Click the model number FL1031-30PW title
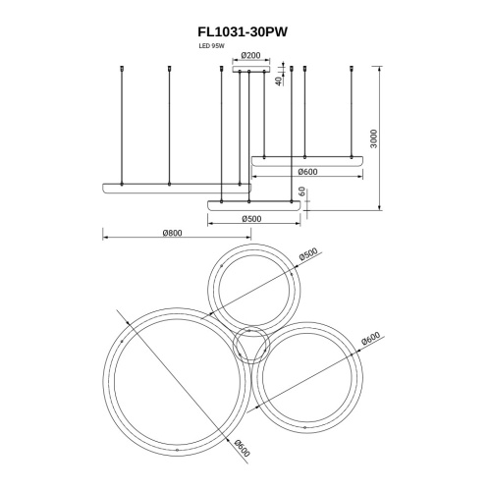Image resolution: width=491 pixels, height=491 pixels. click(245, 31)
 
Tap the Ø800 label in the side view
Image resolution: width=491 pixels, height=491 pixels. click(174, 233)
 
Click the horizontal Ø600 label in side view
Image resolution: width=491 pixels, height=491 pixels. click(308, 172)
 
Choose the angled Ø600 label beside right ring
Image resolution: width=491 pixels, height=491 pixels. click(371, 339)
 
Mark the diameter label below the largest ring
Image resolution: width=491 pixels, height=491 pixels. click(240, 449)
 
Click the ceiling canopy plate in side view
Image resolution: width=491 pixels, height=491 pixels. click(249, 70)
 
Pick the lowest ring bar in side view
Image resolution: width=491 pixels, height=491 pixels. click(254, 204)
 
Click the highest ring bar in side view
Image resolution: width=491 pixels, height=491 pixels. click(308, 157)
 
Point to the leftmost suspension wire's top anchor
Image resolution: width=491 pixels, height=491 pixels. click(120, 70)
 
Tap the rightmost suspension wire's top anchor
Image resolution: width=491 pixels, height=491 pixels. click(351, 70)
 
